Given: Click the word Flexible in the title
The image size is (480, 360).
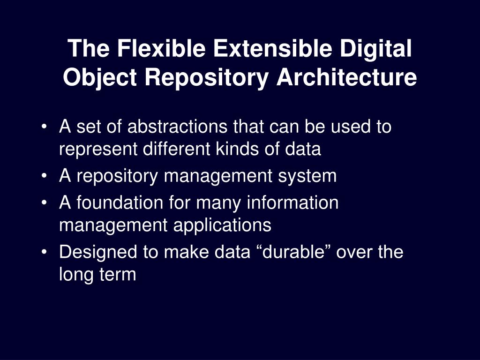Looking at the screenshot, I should pyautogui.click(x=151, y=49).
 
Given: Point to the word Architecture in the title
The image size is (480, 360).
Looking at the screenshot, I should pyautogui.click(x=346, y=77).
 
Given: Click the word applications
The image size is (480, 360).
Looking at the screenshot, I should pyautogui.click(x=222, y=225).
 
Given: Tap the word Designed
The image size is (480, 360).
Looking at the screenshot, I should pyautogui.click(x=99, y=252).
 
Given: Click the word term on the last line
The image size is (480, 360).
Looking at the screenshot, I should pyautogui.click(x=118, y=275).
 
